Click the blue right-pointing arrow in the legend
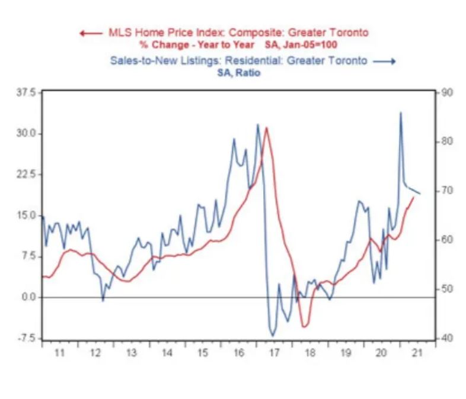[x=385, y=61]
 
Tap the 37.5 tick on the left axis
[x=27, y=93]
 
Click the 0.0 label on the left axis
[x=30, y=297]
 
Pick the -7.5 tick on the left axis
[x=28, y=338]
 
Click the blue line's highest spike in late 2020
[x=401, y=112]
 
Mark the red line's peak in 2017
[x=267, y=127]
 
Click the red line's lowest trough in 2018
[x=304, y=326]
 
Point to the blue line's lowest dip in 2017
[x=273, y=336]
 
